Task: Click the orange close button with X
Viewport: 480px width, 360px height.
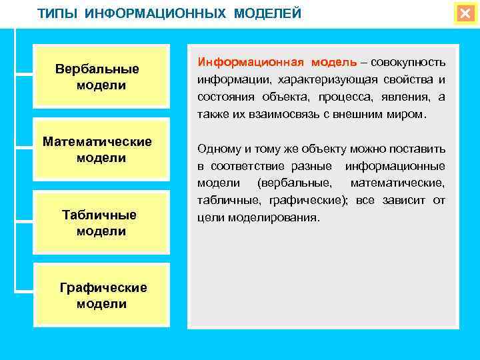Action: pos(464,13)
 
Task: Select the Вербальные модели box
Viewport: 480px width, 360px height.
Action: pos(100,77)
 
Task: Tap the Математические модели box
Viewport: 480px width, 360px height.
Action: pos(100,150)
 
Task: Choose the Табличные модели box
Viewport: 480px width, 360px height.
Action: pos(100,223)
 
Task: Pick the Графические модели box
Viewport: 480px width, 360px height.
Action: pos(100,295)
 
